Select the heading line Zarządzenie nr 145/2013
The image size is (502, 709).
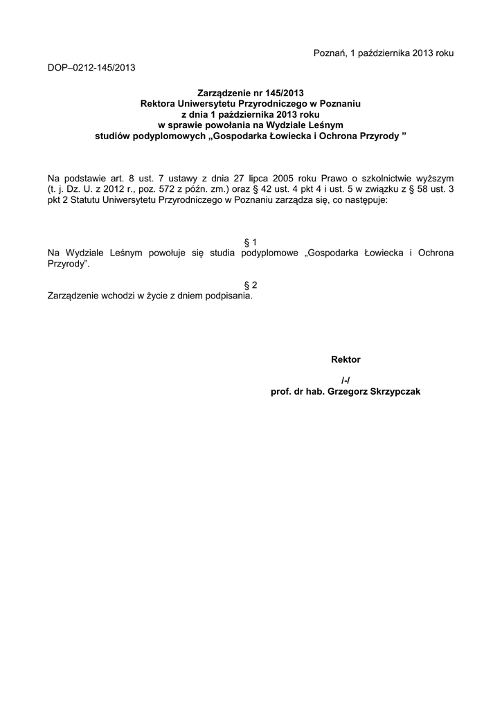coord(250,92)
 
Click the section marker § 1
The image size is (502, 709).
coord(251,242)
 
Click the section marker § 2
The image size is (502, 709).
coord(251,285)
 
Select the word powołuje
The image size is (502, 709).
coord(174,253)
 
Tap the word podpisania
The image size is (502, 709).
coord(228,296)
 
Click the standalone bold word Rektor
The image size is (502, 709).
coord(346,359)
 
